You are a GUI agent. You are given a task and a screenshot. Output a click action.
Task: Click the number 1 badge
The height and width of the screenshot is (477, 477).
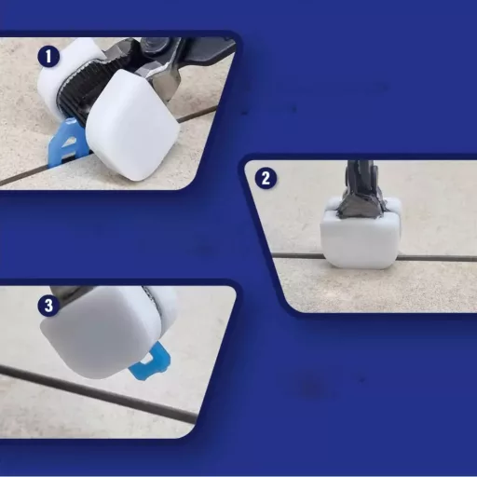tap(48, 57)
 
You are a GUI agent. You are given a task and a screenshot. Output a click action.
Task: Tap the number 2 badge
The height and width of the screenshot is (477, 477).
tap(266, 179)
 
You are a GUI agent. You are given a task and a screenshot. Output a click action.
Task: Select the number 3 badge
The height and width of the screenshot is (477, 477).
tap(48, 306)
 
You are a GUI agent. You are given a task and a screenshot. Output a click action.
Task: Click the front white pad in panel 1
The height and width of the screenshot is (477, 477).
tap(132, 124)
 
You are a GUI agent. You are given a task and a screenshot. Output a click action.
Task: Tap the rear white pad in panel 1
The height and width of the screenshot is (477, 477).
tap(67, 73)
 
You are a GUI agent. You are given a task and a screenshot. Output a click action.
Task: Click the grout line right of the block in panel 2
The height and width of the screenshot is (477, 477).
tap(436, 258)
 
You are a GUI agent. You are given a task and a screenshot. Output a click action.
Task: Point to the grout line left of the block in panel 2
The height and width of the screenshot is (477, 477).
tap(299, 256)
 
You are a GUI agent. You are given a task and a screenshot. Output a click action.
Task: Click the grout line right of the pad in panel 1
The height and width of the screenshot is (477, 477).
tap(197, 114)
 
